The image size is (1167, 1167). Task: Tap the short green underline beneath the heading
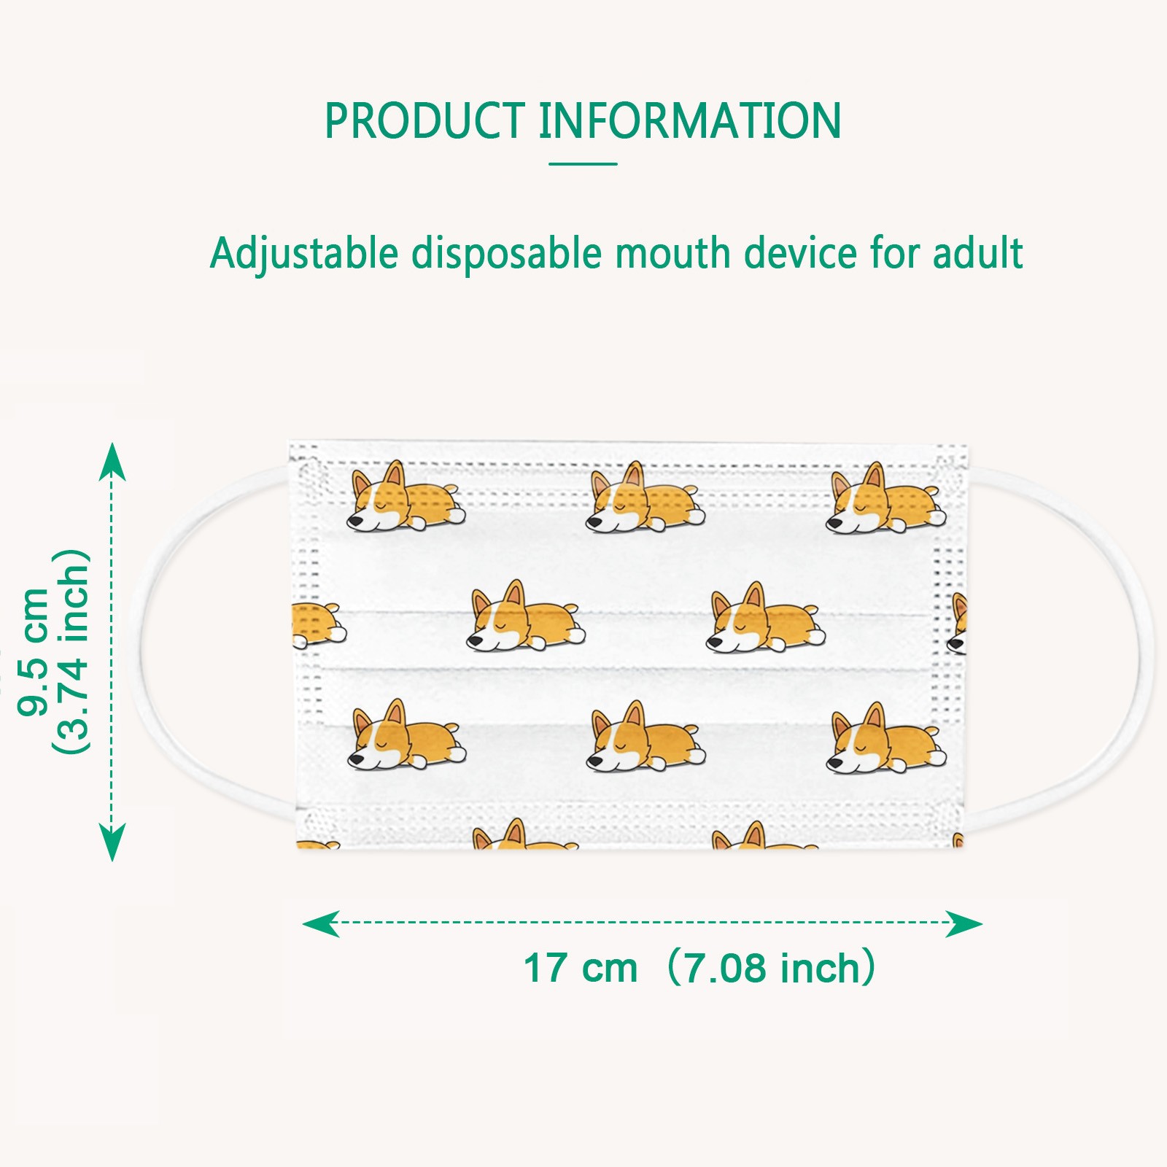(583, 164)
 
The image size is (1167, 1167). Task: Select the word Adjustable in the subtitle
(303, 254)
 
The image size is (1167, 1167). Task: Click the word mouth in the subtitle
(672, 254)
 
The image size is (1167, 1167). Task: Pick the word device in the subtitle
(800, 254)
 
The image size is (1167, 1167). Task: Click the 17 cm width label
(581, 968)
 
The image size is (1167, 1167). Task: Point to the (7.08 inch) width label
(772, 968)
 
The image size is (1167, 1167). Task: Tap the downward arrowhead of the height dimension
(112, 842)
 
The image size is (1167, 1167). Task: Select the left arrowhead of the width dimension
(321, 923)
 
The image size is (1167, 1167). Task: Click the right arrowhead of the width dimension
(964, 923)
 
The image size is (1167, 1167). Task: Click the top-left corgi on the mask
(404, 497)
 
